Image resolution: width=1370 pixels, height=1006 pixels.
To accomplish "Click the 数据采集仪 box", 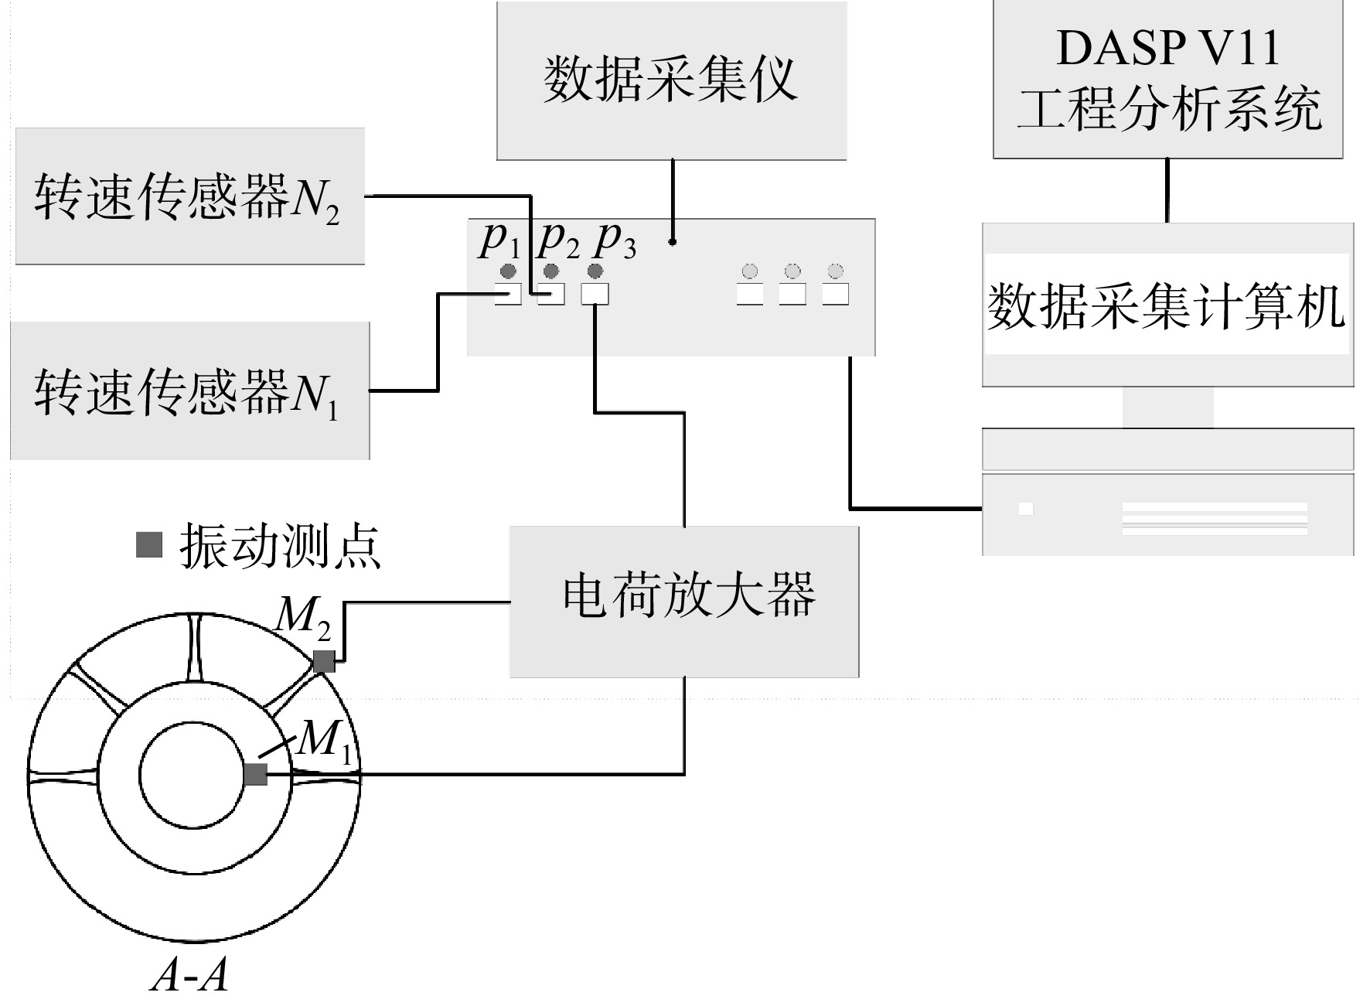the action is coord(671,80).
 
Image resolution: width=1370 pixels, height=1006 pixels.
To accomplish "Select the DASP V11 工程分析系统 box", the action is coord(1167,79).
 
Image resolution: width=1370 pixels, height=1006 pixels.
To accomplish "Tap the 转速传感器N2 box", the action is coord(190,196).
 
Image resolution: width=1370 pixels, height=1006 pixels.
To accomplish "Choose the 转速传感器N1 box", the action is coord(190,390).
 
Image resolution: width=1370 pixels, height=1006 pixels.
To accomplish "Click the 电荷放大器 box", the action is coord(684,602).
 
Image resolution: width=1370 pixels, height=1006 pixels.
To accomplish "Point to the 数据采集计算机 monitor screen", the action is coord(1167,305).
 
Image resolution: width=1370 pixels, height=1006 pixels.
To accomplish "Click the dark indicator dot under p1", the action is coord(508,271).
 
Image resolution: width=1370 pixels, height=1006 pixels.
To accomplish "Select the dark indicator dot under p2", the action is coord(551,271).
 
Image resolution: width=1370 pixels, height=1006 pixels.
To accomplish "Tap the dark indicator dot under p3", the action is coord(595,271).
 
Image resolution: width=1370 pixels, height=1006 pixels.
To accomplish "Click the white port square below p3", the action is coord(595,294).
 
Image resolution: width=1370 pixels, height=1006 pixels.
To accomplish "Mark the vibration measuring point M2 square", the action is coord(323,661).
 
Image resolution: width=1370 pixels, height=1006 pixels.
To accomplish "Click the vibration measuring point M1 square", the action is coord(255,774).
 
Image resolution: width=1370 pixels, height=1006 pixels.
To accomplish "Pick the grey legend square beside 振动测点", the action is coord(149,544).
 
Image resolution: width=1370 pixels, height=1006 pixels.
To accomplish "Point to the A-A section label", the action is coord(190,974).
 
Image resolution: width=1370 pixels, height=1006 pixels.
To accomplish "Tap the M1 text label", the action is coord(325,740).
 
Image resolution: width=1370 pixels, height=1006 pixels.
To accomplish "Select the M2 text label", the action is coord(304,619).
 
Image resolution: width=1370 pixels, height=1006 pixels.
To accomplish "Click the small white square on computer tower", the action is coord(1026,509).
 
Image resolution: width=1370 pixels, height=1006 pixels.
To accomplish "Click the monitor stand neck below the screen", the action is coord(1167,408).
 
